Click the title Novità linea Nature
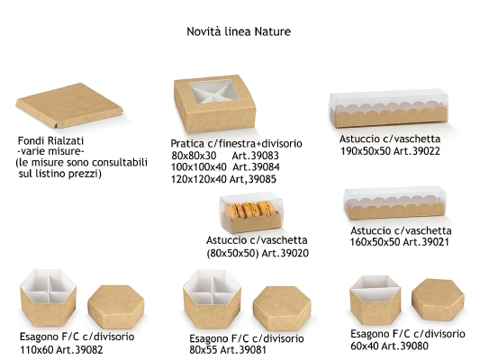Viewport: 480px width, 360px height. (239, 31)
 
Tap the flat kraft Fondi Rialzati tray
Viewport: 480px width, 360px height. (69, 105)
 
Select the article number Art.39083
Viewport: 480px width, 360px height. (255, 156)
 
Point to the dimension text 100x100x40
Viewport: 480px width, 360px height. (199, 167)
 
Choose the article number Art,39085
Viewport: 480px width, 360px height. (253, 179)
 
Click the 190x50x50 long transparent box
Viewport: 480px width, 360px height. (389, 109)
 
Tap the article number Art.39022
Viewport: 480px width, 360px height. (417, 151)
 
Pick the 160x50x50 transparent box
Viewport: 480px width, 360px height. (395, 203)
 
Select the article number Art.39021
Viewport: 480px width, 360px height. (426, 242)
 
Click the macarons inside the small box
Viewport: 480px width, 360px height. (250, 210)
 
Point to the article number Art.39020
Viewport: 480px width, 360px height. (285, 253)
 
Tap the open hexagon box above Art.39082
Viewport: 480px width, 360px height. (48, 298)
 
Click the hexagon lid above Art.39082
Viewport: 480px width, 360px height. (115, 307)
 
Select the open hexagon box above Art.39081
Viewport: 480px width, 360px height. (213, 299)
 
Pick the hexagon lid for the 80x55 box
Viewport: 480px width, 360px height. (282, 309)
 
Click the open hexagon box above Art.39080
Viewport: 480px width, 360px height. (375, 300)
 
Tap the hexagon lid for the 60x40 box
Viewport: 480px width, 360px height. (438, 300)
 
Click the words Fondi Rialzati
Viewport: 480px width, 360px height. (50, 140)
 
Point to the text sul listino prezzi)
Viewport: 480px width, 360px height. (60, 174)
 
